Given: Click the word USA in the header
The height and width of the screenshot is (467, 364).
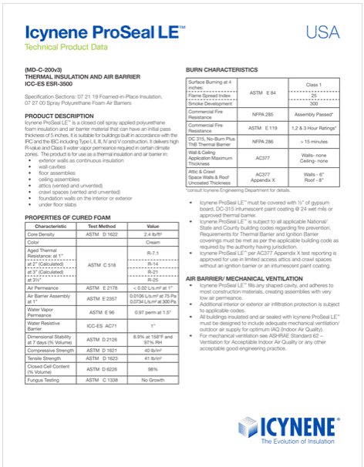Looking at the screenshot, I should (x=322, y=32).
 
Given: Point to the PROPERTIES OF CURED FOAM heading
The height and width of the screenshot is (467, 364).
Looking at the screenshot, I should (x=70, y=219).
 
